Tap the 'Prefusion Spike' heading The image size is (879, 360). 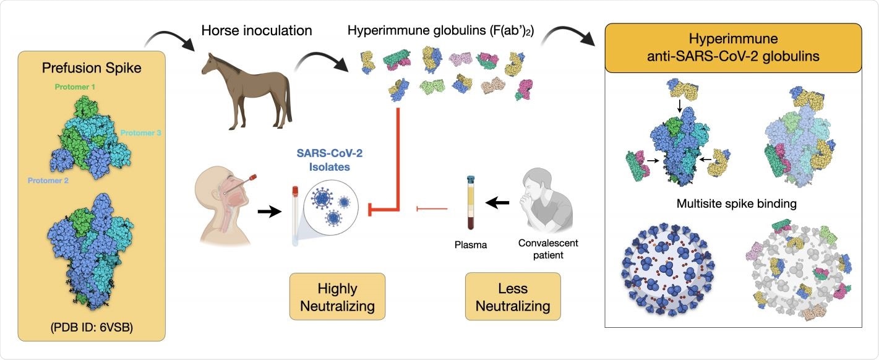tap(92, 69)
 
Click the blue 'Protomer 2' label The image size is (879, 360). tap(48, 181)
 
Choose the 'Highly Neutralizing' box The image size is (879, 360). tap(337, 297)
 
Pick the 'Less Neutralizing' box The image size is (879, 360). tap(513, 297)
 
